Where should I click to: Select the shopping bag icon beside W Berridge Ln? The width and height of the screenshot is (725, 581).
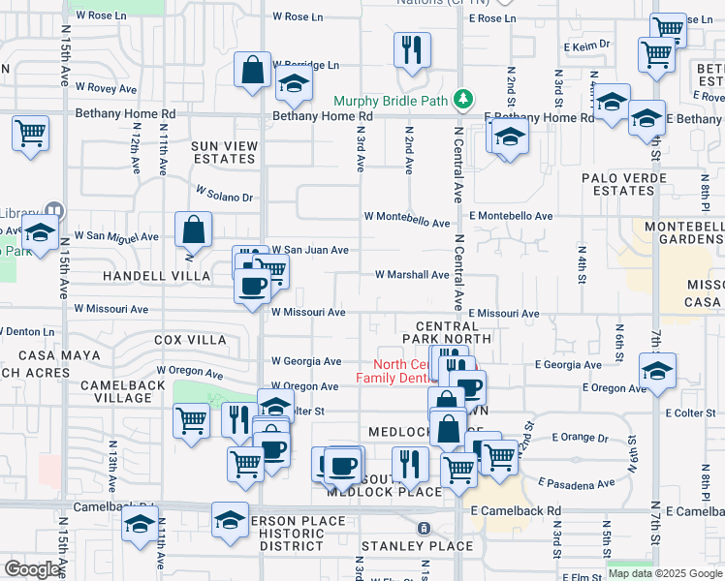(x=252, y=70)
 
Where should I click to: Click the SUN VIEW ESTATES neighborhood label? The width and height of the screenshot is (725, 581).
(x=224, y=152)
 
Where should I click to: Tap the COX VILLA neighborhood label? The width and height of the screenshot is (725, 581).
(x=190, y=340)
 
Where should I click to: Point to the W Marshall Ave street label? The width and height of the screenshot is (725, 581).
(x=412, y=274)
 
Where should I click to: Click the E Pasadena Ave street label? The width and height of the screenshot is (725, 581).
(x=576, y=483)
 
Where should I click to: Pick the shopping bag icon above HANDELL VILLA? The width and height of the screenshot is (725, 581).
(x=193, y=229)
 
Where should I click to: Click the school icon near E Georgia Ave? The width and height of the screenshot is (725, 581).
(x=657, y=371)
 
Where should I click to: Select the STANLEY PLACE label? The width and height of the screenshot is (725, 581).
(x=403, y=546)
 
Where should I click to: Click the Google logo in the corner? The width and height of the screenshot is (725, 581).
(x=33, y=569)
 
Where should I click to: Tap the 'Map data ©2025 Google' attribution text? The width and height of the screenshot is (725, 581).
(x=665, y=573)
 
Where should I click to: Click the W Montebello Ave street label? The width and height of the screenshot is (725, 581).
(x=407, y=220)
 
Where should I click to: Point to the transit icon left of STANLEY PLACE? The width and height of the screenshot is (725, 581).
(x=423, y=529)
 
